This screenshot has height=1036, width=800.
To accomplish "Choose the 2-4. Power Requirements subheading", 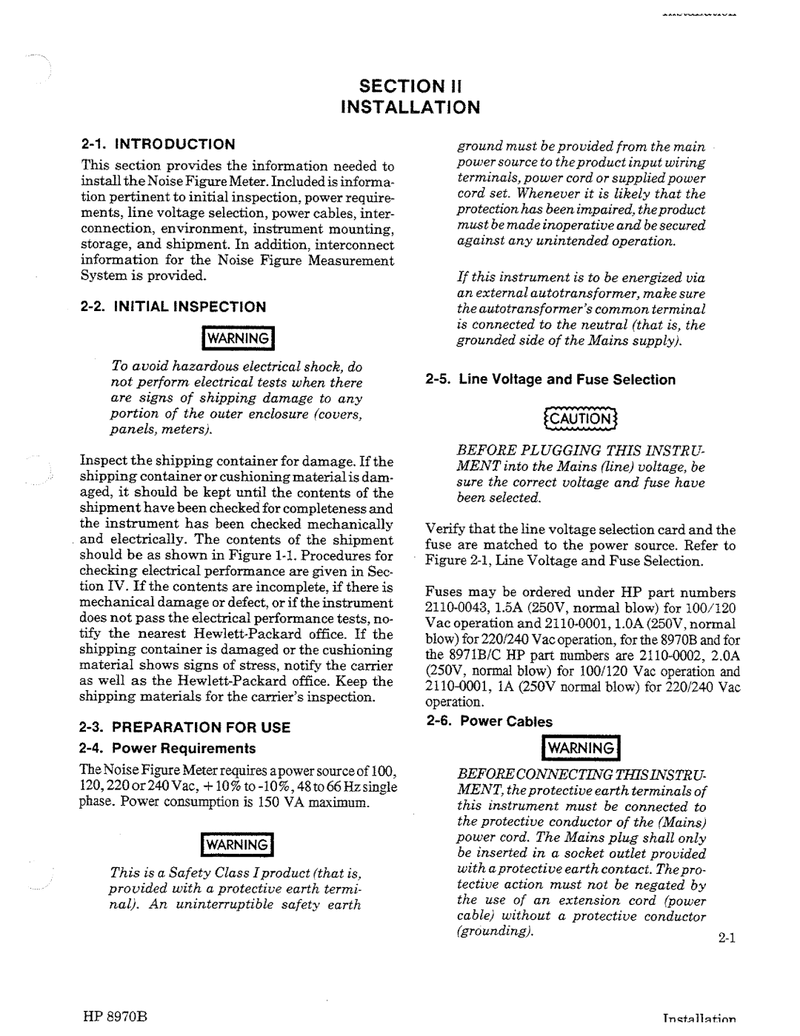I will click(x=168, y=748).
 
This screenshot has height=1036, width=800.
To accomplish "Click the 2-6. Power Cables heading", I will click(x=490, y=721).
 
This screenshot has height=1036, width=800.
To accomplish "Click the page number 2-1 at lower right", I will click(x=725, y=938).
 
